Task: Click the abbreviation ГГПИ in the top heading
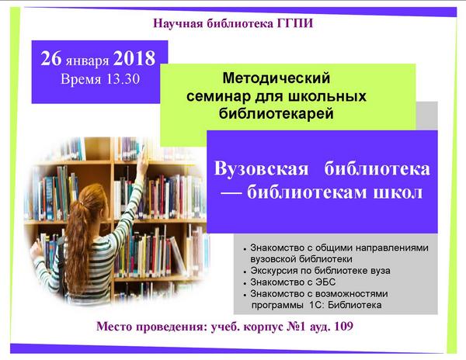(x=295, y=23)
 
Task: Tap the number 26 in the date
(x=50, y=58)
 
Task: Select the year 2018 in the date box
(x=134, y=58)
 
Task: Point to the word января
(x=87, y=61)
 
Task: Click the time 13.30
(x=123, y=79)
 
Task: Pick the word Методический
(x=276, y=78)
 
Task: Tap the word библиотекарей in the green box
(x=276, y=114)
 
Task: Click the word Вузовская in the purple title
(x=261, y=168)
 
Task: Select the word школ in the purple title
(x=398, y=192)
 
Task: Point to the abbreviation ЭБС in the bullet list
(x=325, y=282)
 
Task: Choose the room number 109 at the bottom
(x=344, y=327)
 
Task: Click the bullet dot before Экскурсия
(x=245, y=272)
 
